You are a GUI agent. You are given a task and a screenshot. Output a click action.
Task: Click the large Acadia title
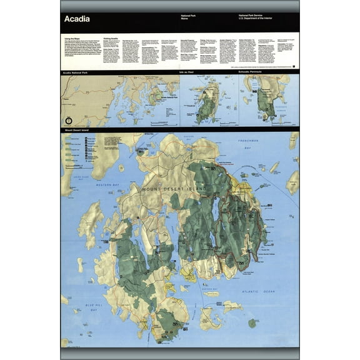coord(76,19)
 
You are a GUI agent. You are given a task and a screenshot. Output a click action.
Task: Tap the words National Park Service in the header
coord(253,14)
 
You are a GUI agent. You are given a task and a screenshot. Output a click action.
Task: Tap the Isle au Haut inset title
coord(186,73)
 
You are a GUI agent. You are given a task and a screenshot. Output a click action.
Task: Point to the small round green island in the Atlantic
coord(252,323)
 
